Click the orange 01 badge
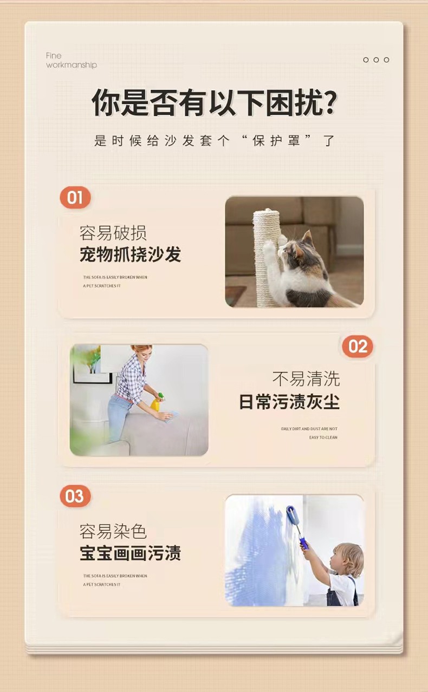coord(75,198)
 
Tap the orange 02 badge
coord(358,347)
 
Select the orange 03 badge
coord(75,496)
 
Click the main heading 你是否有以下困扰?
coord(214,102)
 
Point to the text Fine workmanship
coord(72,60)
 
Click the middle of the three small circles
coord(376,60)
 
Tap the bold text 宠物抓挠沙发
coord(130,254)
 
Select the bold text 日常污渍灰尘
coord(289,402)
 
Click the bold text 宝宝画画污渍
coord(130,553)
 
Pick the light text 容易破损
coord(113,233)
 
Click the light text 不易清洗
coord(306,378)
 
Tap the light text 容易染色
coord(113,531)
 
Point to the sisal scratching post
coord(267,258)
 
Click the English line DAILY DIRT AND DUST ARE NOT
coord(309,429)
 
